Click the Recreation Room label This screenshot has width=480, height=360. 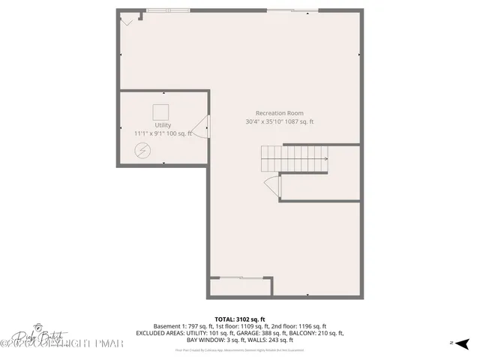click(278, 112)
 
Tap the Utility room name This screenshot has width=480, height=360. click(163, 125)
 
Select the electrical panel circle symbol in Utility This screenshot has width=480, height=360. click(141, 151)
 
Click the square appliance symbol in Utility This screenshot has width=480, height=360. click(161, 111)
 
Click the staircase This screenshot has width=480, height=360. click(294, 158)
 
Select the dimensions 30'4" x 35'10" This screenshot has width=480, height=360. click(265, 121)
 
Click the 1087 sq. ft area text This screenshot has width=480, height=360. click(300, 121)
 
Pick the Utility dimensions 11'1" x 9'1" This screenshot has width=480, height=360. click(151, 133)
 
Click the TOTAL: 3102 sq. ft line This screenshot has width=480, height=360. click(240, 319)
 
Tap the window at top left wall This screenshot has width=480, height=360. click(167, 10)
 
